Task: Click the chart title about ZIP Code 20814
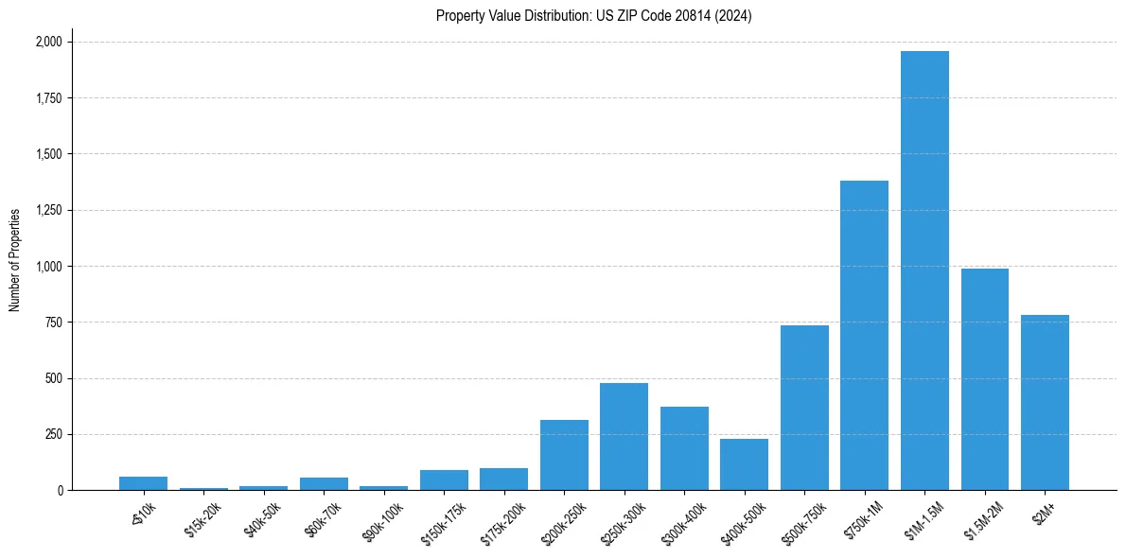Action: (593, 16)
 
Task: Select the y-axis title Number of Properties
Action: (15, 260)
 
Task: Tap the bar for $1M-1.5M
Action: (924, 270)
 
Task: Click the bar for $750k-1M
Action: (864, 336)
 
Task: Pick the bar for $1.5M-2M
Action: (984, 379)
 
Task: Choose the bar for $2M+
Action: (1045, 403)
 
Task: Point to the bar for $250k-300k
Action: (624, 437)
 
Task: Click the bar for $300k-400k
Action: (684, 448)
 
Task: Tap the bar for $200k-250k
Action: (564, 455)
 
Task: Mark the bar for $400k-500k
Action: (744, 464)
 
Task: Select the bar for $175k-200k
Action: (503, 480)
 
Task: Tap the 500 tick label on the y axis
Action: (54, 378)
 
